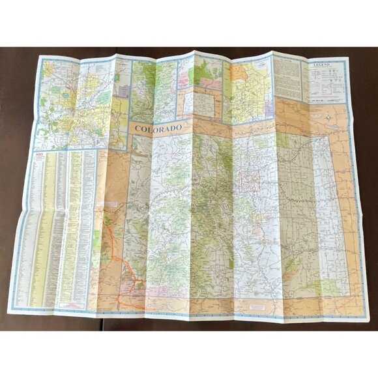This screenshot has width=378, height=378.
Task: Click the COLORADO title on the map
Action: click(158, 129)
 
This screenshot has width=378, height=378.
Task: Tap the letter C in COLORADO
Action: click(138, 130)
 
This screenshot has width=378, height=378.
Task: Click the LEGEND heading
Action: click(324, 67)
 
